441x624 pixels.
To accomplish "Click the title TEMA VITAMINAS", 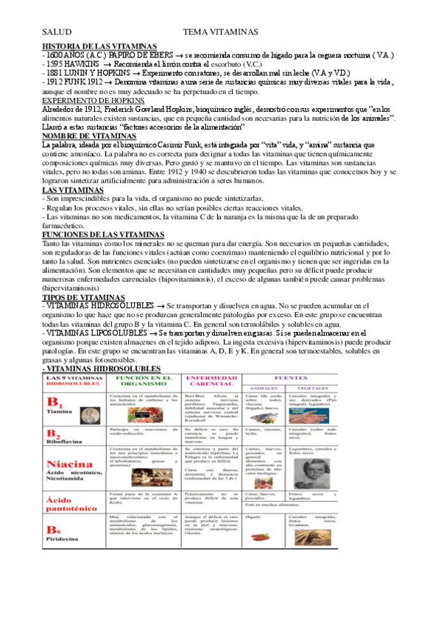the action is pyautogui.click(x=220, y=32).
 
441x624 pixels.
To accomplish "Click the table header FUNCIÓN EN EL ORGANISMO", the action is pyautogui.click(x=144, y=380).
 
